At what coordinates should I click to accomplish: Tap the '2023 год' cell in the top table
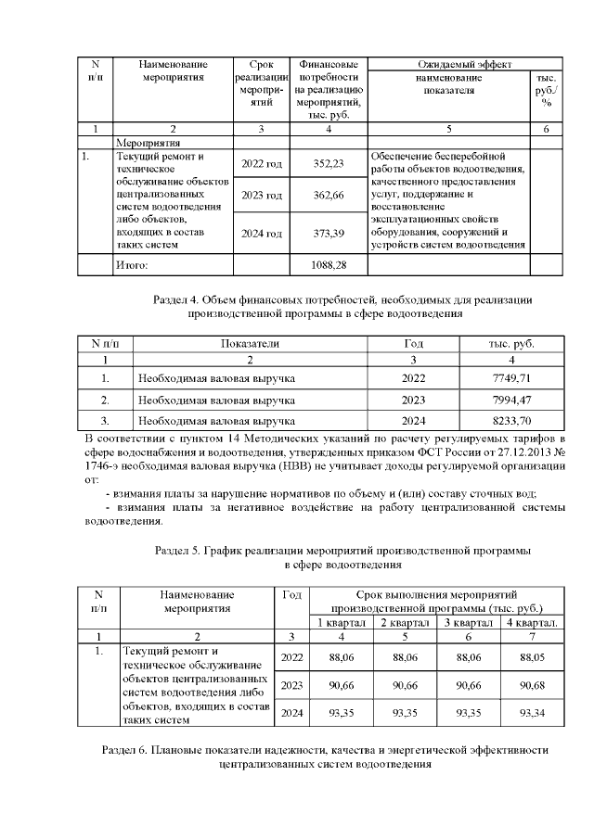tap(262, 196)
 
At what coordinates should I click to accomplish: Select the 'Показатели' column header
tap(250, 343)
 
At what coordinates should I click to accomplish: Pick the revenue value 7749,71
tap(511, 378)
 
